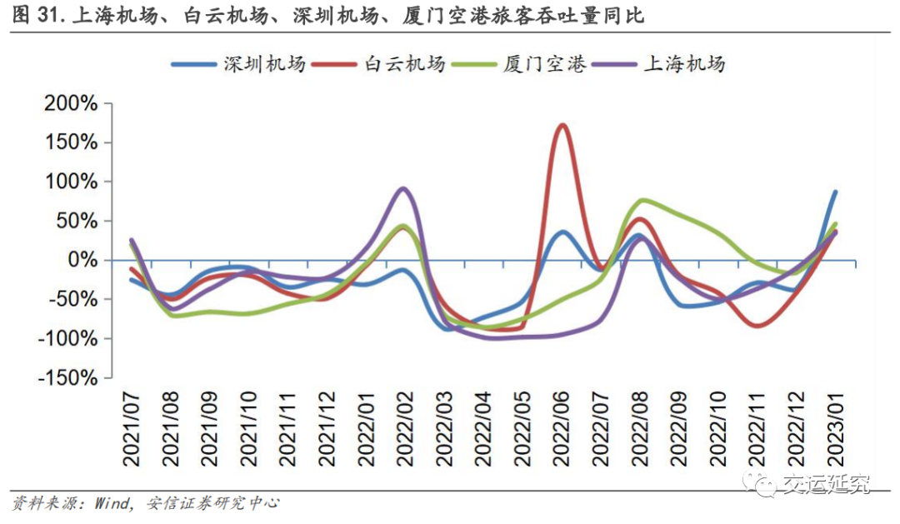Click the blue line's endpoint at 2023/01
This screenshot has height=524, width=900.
coord(836,192)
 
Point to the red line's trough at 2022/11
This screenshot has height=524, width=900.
coord(757,326)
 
